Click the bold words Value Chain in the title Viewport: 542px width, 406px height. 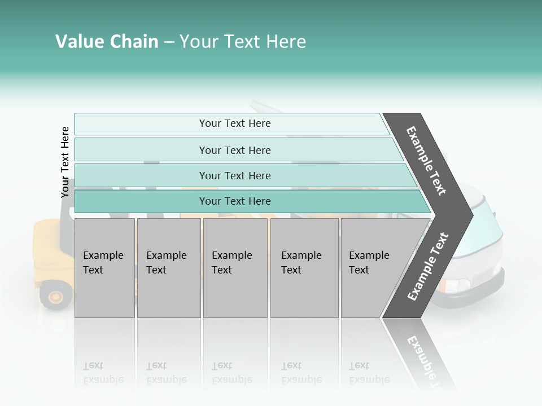tap(107, 42)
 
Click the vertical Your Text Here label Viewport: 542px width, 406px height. tap(65, 162)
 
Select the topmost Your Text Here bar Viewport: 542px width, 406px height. tap(235, 123)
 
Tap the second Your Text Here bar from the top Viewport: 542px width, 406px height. tap(235, 150)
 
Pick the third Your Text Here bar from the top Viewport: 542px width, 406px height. tap(235, 175)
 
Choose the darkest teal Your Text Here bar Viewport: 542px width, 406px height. tap(235, 201)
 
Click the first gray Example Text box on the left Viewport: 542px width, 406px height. tap(104, 268)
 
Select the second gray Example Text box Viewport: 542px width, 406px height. tap(168, 268)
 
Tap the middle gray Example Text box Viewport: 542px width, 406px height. tap(235, 268)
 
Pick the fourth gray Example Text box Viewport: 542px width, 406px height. tap(304, 268)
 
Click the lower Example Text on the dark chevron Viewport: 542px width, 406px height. tap(428, 266)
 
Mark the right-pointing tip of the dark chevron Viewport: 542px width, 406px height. tap(470, 214)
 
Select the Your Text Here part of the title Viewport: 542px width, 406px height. tap(243, 42)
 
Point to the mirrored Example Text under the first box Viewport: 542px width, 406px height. tap(103, 373)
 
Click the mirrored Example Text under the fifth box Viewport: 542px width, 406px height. tap(369, 373)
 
